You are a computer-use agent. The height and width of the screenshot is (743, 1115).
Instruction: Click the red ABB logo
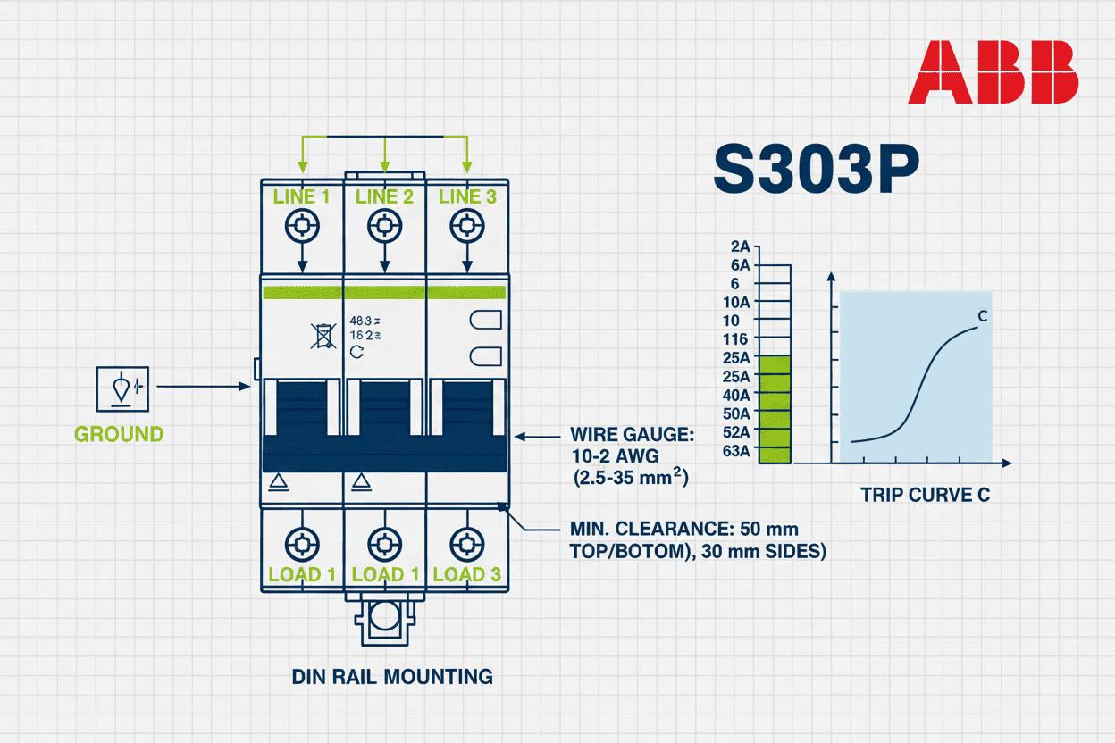(x=993, y=72)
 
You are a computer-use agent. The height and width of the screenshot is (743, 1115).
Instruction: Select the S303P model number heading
(x=815, y=171)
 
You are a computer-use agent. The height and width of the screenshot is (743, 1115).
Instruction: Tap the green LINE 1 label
(x=301, y=196)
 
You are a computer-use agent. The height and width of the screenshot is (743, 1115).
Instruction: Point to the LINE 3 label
(x=465, y=196)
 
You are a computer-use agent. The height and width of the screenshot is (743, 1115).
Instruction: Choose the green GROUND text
(x=119, y=435)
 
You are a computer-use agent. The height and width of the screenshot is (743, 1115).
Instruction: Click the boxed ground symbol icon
(x=121, y=388)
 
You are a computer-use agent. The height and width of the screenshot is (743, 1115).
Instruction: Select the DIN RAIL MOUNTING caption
(x=392, y=676)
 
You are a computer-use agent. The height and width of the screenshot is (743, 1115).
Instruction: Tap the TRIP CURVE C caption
(x=925, y=495)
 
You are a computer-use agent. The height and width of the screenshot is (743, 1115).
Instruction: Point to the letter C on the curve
(x=982, y=316)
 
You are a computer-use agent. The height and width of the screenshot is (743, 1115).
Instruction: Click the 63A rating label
(x=737, y=450)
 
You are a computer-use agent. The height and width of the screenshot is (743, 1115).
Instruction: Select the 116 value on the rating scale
(x=736, y=339)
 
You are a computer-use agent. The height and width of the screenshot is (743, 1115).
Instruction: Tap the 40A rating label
(x=737, y=395)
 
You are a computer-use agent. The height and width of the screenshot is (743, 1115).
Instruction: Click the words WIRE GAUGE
(x=631, y=435)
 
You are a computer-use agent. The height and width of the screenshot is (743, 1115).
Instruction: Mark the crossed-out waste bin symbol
(x=322, y=335)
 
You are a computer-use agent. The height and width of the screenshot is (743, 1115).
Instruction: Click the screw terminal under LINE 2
(x=384, y=226)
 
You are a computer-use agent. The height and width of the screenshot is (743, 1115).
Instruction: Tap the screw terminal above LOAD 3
(x=465, y=542)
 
